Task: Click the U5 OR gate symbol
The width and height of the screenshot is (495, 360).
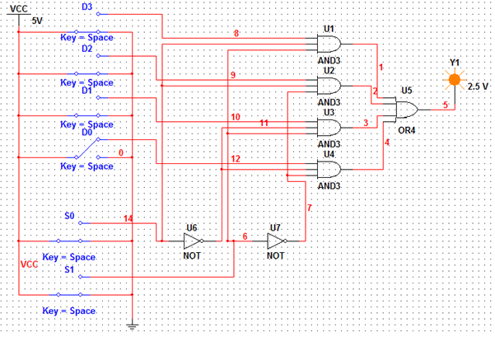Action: point(407,110)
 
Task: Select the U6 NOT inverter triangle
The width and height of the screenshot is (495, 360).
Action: point(193,241)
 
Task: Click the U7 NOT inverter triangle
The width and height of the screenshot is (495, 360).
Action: point(276,241)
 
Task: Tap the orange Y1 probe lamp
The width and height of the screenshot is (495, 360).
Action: point(452,80)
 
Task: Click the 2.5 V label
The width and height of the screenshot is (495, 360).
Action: point(479,86)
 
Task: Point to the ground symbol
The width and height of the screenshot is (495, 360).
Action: point(132,326)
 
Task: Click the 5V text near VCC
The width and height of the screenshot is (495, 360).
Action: point(37,20)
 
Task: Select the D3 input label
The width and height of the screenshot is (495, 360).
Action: point(87,7)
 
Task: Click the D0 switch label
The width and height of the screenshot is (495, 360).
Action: point(87,131)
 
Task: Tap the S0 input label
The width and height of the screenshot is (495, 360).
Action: point(69,215)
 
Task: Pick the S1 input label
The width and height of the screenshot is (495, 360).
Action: point(69,269)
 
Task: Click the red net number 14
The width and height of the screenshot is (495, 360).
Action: point(128,218)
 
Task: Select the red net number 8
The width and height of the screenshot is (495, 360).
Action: point(236,33)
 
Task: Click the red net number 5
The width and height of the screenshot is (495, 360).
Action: point(445,105)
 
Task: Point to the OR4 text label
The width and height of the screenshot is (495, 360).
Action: point(407,130)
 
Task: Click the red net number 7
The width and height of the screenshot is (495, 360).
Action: point(309,208)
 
